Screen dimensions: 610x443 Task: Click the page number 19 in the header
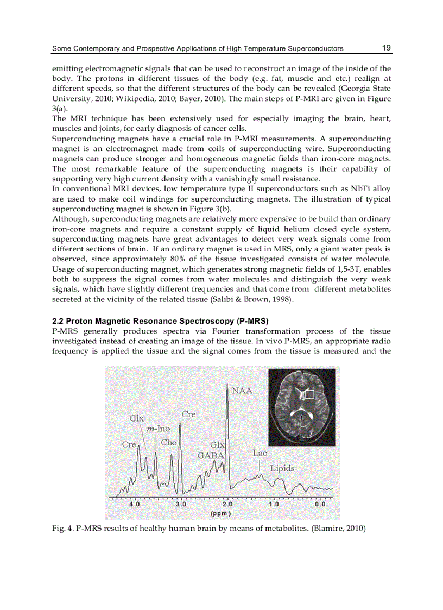386,48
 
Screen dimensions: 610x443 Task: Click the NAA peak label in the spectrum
242,390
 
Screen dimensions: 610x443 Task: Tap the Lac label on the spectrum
260,452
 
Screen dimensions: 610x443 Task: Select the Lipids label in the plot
282,468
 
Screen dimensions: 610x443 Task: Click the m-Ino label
159,429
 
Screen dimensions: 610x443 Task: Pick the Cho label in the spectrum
169,442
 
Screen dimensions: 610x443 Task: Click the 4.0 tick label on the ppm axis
134,504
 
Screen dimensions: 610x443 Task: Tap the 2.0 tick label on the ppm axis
227,504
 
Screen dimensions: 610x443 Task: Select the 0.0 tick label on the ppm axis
320,504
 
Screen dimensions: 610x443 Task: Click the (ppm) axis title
221,513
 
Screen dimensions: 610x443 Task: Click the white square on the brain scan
308,394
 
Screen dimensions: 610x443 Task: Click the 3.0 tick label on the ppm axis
181,504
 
